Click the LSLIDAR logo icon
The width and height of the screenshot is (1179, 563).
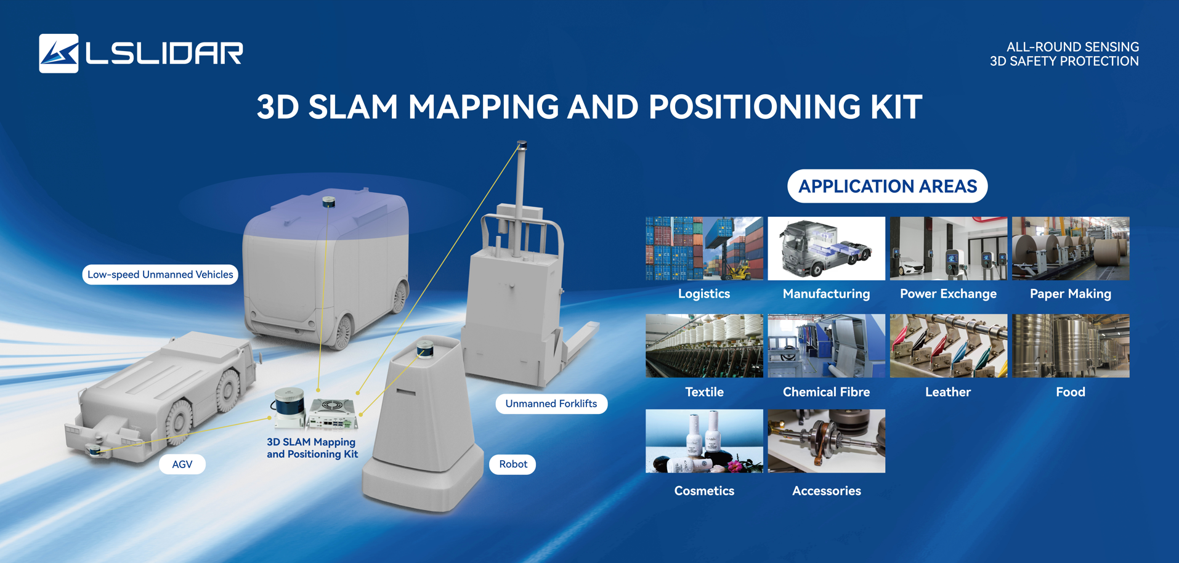pyautogui.click(x=59, y=54)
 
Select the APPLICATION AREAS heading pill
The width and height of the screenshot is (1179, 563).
pyautogui.click(x=887, y=186)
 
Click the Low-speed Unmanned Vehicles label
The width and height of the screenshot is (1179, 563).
pyautogui.click(x=160, y=275)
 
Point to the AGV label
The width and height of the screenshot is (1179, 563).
pyautogui.click(x=182, y=464)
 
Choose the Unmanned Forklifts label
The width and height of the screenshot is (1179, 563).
pyautogui.click(x=551, y=404)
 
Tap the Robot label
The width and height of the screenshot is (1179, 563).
pyautogui.click(x=513, y=464)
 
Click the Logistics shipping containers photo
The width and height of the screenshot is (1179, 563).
pyautogui.click(x=704, y=248)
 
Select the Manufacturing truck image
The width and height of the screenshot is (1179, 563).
pyautogui.click(x=826, y=248)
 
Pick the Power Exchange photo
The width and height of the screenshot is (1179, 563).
pyautogui.click(x=949, y=248)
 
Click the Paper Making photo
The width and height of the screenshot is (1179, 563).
pyautogui.click(x=1071, y=248)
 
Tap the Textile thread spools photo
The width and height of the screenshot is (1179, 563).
pyautogui.click(x=704, y=346)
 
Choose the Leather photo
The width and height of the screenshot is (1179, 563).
pyautogui.click(x=949, y=346)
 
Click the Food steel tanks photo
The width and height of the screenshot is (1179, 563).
pyautogui.click(x=1071, y=346)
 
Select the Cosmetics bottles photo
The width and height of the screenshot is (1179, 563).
pyautogui.click(x=704, y=441)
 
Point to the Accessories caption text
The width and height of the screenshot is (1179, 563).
pyautogui.click(x=827, y=491)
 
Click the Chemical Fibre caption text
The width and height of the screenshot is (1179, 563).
pyautogui.click(x=826, y=392)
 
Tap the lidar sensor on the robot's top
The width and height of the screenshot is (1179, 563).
pyautogui.click(x=425, y=349)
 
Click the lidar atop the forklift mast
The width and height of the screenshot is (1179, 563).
pyautogui.click(x=522, y=146)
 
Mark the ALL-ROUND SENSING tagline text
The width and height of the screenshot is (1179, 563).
pyautogui.click(x=1072, y=47)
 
